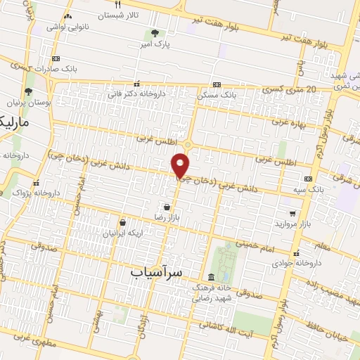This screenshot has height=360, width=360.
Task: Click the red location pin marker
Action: tap(181, 165)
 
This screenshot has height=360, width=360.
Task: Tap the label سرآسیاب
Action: tap(157, 271)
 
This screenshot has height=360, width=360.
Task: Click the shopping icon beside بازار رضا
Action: tap(166, 207)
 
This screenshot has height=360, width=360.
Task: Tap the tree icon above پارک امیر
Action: tap(154, 32)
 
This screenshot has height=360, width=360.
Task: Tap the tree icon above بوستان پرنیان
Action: tap(28, 91)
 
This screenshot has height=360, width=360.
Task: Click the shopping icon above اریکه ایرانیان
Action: tap(122, 222)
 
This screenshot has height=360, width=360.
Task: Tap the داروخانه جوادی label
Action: tap(298, 262)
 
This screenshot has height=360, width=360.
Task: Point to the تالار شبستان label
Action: tap(138, 15)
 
